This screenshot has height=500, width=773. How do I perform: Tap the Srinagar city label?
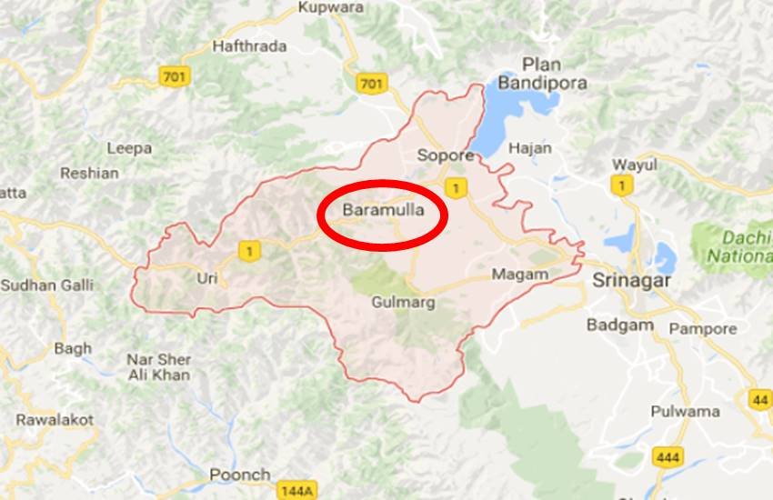[x=631, y=281]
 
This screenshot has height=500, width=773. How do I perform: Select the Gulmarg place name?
[x=403, y=302]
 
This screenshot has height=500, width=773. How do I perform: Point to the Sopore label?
[x=446, y=155]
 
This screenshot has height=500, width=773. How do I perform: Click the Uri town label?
[x=206, y=278]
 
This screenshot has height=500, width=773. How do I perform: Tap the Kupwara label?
[x=330, y=8]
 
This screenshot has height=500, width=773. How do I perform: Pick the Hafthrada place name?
[x=249, y=45]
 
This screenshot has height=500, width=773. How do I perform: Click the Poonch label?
[x=240, y=475]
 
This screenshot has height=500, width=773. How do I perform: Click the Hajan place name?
[x=530, y=147]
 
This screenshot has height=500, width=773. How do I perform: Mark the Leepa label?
[x=129, y=148]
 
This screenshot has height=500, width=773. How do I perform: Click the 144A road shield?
[x=298, y=490]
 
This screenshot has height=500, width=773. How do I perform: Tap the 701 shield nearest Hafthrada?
[x=173, y=75]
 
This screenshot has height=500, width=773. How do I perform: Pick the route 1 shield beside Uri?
[x=248, y=250]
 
